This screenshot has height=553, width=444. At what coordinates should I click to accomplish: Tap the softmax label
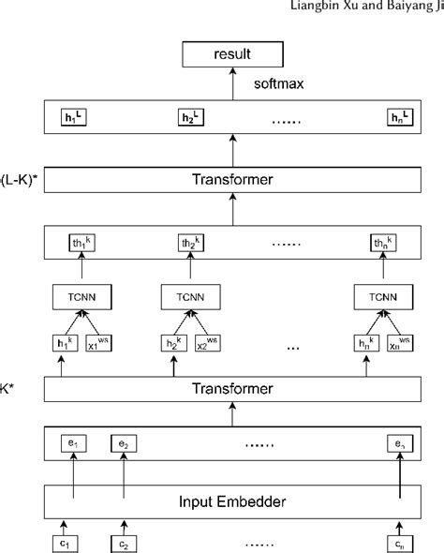280,83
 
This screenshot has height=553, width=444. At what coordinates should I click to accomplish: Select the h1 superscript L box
72,117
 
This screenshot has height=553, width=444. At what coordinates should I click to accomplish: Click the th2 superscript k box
193,243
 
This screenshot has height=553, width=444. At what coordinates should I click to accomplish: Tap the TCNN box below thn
381,298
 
